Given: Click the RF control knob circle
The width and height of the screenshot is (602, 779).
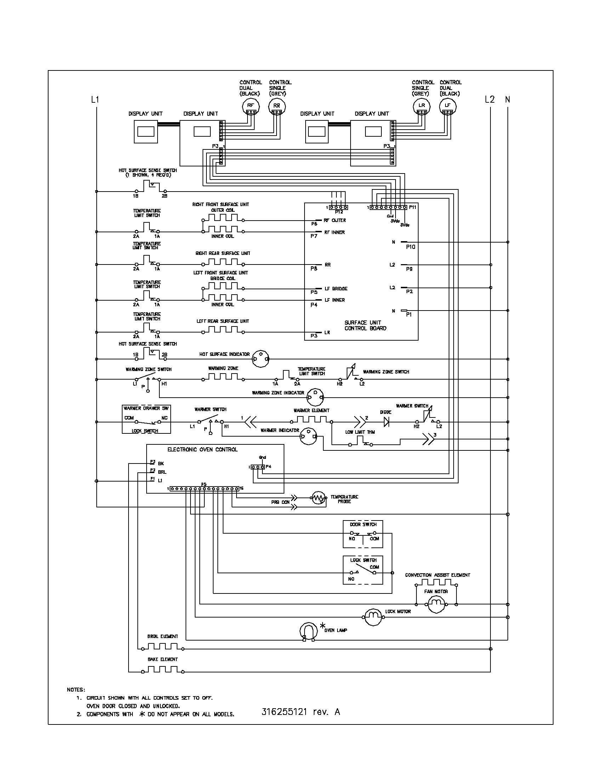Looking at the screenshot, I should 251,106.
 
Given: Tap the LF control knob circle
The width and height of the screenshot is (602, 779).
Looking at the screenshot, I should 448,106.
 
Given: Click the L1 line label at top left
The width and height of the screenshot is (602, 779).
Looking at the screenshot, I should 95,99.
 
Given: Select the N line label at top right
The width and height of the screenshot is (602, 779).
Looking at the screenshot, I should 507,99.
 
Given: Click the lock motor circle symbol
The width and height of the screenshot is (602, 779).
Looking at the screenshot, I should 372,617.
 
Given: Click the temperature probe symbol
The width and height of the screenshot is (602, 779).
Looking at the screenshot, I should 319,498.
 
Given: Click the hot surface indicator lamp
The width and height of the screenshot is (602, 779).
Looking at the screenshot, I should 260,358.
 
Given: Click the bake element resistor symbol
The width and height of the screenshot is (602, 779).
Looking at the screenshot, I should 163,670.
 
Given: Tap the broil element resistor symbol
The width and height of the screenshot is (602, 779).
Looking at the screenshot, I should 163,647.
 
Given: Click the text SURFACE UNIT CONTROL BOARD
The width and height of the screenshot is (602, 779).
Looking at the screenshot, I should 365,325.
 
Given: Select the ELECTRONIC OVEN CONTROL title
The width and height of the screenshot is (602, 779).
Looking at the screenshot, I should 202,449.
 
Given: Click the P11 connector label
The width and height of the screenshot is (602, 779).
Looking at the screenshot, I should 413,207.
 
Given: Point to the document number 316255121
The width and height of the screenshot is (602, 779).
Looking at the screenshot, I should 284,712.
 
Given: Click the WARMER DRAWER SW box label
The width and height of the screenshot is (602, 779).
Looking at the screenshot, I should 146,408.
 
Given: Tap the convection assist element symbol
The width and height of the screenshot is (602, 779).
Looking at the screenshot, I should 436,583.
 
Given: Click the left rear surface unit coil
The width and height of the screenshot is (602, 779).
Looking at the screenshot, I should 222,330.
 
